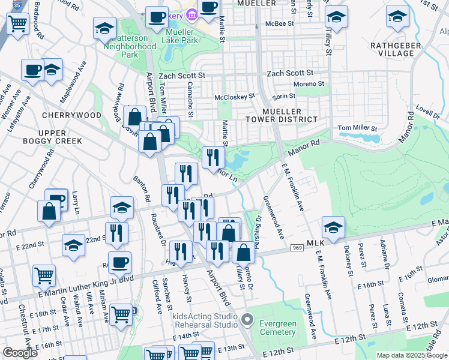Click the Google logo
pyautogui.click(x=20, y=353)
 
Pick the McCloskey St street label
pyautogui.click(x=235, y=96)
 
